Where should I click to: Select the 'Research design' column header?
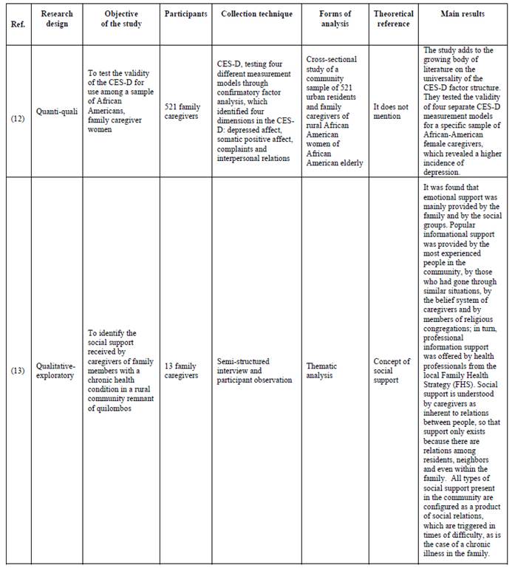(x=57, y=19)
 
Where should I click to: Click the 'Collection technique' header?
(x=256, y=14)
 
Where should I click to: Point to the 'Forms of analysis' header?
(x=334, y=19)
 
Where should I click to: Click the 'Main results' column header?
(x=463, y=14)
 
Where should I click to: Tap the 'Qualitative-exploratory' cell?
(x=57, y=370)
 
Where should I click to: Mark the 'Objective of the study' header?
(x=121, y=19)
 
